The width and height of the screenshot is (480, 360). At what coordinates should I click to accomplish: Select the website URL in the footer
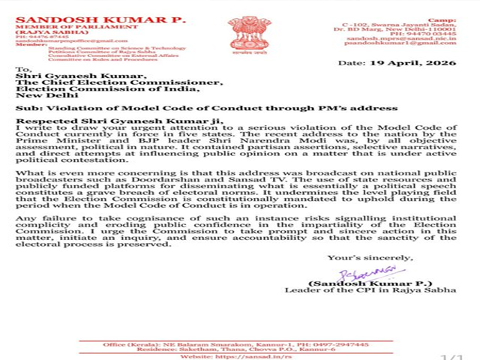(265, 355)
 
